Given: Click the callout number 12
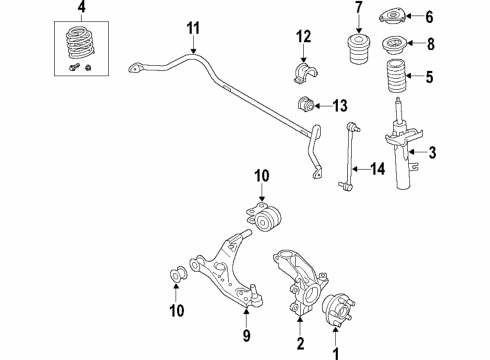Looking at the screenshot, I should [304, 39].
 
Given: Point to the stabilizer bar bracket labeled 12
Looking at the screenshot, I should [303, 75].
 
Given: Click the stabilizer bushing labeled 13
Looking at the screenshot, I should [305, 105].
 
